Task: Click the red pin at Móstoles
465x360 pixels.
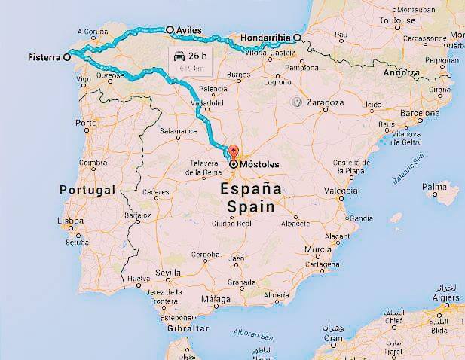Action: coord(234,151)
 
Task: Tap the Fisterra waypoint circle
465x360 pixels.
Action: coord(67,56)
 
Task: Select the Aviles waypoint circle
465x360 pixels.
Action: coord(170,29)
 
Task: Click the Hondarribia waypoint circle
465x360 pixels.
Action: coord(298,38)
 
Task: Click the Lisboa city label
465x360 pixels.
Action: coord(69,221)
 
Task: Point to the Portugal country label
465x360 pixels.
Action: coord(87,190)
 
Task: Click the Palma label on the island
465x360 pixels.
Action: coord(434,186)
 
